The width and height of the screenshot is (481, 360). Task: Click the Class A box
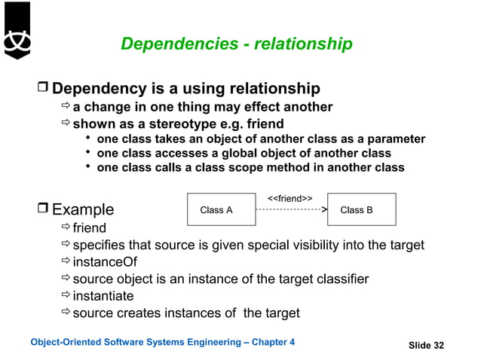(216, 210)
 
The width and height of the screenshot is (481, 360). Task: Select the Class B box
(356, 210)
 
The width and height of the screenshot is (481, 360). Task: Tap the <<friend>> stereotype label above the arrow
(290, 198)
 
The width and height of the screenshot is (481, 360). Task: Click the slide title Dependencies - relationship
(236, 45)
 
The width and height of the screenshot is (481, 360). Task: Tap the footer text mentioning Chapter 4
(162, 343)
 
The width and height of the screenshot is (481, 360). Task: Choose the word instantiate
(103, 296)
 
